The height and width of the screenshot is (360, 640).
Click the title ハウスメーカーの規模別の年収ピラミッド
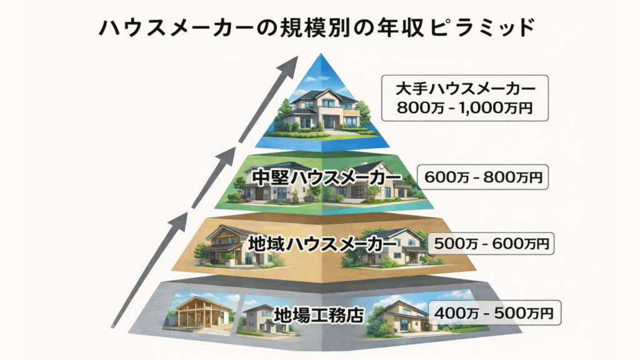point(317,28)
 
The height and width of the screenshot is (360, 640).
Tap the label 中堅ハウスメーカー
point(326,178)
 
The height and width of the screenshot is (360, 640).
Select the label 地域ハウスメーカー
point(322,244)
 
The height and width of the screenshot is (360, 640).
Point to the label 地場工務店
point(319,315)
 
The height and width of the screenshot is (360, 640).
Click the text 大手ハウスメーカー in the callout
point(465,89)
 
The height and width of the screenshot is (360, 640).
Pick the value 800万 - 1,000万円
point(465,108)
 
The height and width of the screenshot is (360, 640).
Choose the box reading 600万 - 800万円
point(483,177)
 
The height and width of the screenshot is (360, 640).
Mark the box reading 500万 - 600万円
point(491,244)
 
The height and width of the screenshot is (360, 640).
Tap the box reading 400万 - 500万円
point(494,313)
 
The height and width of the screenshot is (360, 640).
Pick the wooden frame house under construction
point(200,312)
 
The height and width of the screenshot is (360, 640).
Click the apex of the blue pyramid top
point(321,54)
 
